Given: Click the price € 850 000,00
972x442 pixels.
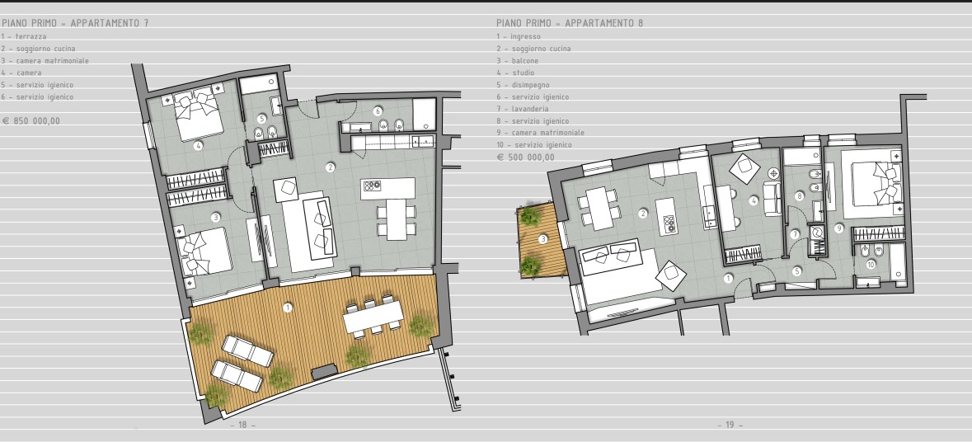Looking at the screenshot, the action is (x=31, y=121).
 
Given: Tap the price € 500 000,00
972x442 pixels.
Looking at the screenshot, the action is (x=526, y=158).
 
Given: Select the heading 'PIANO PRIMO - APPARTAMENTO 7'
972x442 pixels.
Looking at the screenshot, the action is (x=75, y=23).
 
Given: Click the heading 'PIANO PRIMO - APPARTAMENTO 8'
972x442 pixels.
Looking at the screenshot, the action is (x=570, y=23).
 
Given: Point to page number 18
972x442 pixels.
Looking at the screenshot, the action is (x=243, y=426).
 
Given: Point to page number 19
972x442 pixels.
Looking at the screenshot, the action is (x=730, y=426).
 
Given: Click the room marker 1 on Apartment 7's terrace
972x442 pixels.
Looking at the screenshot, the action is (x=288, y=308).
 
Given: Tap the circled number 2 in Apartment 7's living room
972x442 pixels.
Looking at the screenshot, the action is (x=331, y=167).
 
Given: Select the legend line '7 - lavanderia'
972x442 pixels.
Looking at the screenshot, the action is (x=522, y=109).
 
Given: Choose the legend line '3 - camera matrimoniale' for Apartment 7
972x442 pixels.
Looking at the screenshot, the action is (x=45, y=61).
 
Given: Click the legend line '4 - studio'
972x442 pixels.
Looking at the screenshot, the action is (x=515, y=73).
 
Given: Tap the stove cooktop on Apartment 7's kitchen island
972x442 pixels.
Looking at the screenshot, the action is (x=371, y=185).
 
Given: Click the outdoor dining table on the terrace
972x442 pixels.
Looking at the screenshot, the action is (x=373, y=318).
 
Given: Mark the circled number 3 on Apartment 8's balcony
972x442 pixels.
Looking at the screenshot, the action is (x=543, y=239).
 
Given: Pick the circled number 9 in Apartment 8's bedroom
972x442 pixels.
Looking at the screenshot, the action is (x=838, y=228).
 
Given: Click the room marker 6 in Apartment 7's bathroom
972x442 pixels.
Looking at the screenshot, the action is (x=378, y=111).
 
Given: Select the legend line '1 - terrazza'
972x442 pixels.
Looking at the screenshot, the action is (x=24, y=36).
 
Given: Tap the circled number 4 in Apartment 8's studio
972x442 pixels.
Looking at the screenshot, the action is (x=754, y=200).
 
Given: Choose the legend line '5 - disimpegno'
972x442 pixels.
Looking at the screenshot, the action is (x=523, y=85).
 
